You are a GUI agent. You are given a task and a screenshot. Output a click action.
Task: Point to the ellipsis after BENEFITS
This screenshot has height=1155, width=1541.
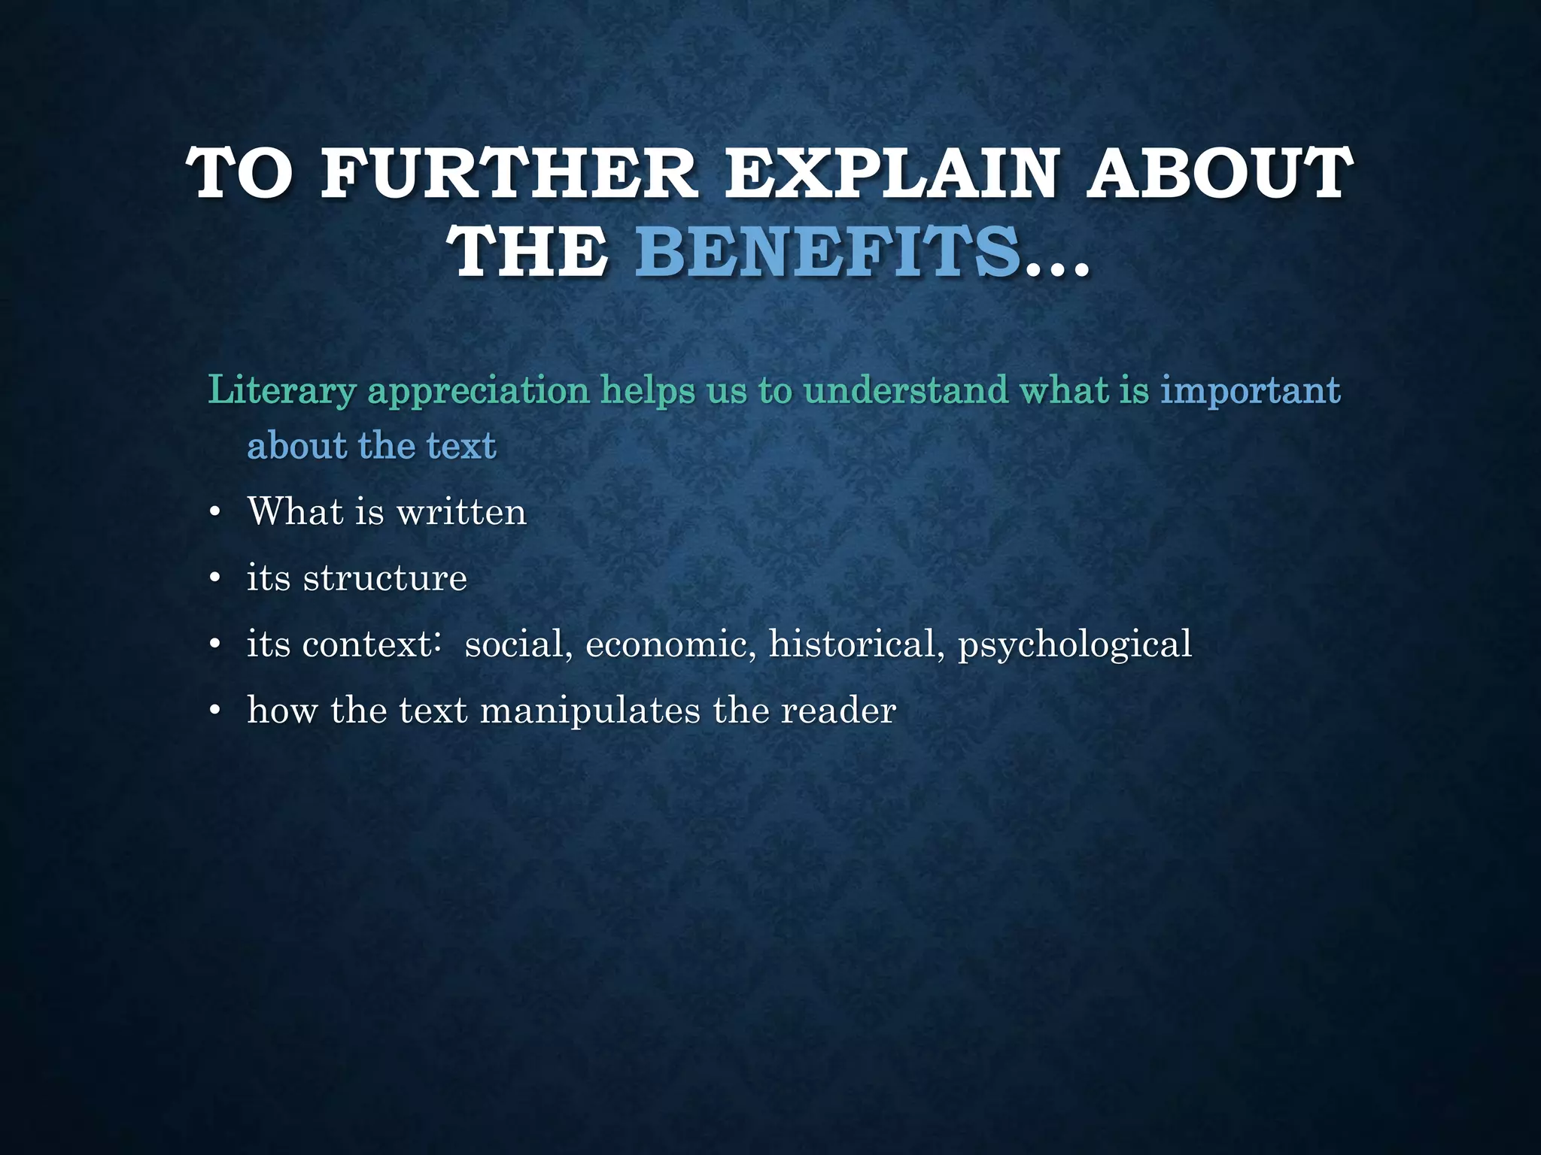[1056, 263]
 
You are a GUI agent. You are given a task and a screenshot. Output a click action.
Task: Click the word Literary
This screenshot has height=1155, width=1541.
[281, 391]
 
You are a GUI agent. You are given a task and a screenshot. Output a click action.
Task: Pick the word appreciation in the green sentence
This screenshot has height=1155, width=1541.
[478, 391]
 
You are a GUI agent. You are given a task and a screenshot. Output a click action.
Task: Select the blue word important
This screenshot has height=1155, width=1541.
[1250, 391]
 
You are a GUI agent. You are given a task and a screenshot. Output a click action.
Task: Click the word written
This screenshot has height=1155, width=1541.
[461, 512]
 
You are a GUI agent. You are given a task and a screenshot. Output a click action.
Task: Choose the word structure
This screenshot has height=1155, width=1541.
[385, 578]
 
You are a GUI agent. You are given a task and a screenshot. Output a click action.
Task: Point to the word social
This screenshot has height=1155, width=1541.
[514, 644]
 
